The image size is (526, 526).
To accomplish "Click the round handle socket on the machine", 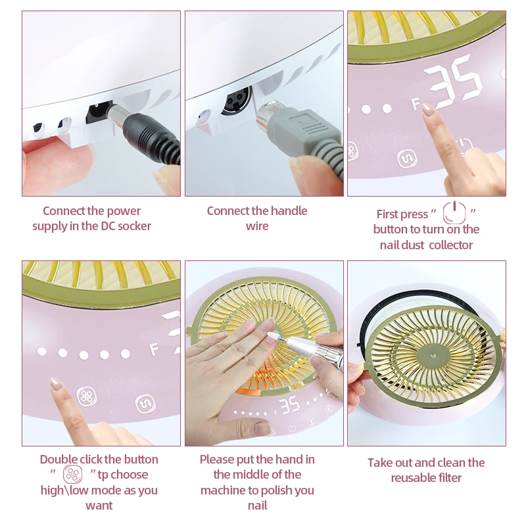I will pyautogui.click(x=233, y=102).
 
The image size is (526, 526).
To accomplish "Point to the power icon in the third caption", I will pyautogui.click(x=454, y=213).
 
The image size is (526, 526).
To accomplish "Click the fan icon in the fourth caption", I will pyautogui.click(x=72, y=475).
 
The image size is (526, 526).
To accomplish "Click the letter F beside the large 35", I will pyautogui.click(x=415, y=103).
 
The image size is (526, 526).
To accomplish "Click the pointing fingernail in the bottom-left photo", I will pyautogui.click(x=55, y=383).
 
